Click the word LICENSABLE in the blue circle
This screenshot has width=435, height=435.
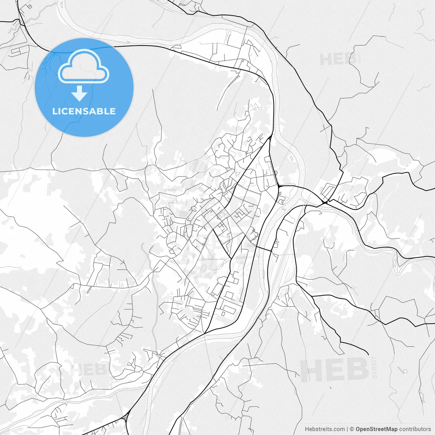click(x=84, y=111)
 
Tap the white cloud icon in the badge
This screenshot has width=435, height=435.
click(x=84, y=67)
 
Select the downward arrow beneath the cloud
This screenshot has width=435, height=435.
click(x=80, y=93)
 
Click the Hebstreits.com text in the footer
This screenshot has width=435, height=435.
click(x=325, y=429)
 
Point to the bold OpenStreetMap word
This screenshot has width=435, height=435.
click(x=377, y=429)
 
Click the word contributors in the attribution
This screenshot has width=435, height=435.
click(x=415, y=429)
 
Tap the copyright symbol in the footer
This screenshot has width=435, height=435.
click(x=352, y=429)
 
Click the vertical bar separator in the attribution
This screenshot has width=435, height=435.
click(x=347, y=429)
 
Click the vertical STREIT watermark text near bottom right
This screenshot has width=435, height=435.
click(x=375, y=367)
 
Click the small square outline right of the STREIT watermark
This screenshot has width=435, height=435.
click(x=405, y=371)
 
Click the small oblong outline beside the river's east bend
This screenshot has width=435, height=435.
click(x=291, y=158)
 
